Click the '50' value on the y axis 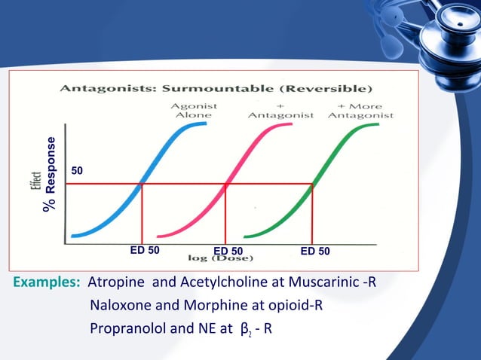(x=77, y=171)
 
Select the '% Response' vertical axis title (x=51, y=174)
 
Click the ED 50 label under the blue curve (x=145, y=250)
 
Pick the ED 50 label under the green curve (x=315, y=251)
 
